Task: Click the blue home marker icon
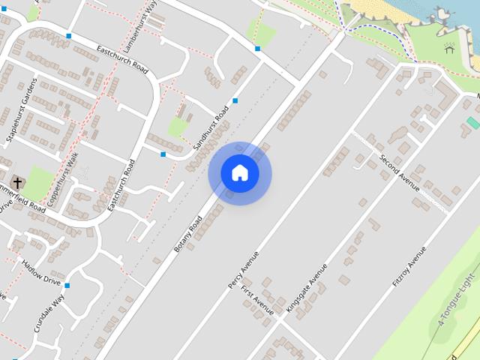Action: click(240, 173)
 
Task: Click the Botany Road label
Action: click(188, 233)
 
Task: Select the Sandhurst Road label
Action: click(210, 127)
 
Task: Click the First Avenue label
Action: click(256, 298)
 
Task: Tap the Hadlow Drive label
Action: click(41, 272)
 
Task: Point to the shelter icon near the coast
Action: click(448, 49)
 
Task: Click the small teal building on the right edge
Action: click(472, 121)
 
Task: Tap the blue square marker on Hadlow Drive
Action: click(67, 285)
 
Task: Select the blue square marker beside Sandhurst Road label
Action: click(235, 100)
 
